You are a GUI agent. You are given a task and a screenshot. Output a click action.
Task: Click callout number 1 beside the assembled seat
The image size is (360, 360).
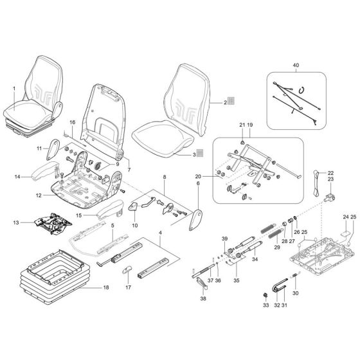14,88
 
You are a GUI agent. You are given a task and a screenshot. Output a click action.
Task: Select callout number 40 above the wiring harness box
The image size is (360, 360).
296,66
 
